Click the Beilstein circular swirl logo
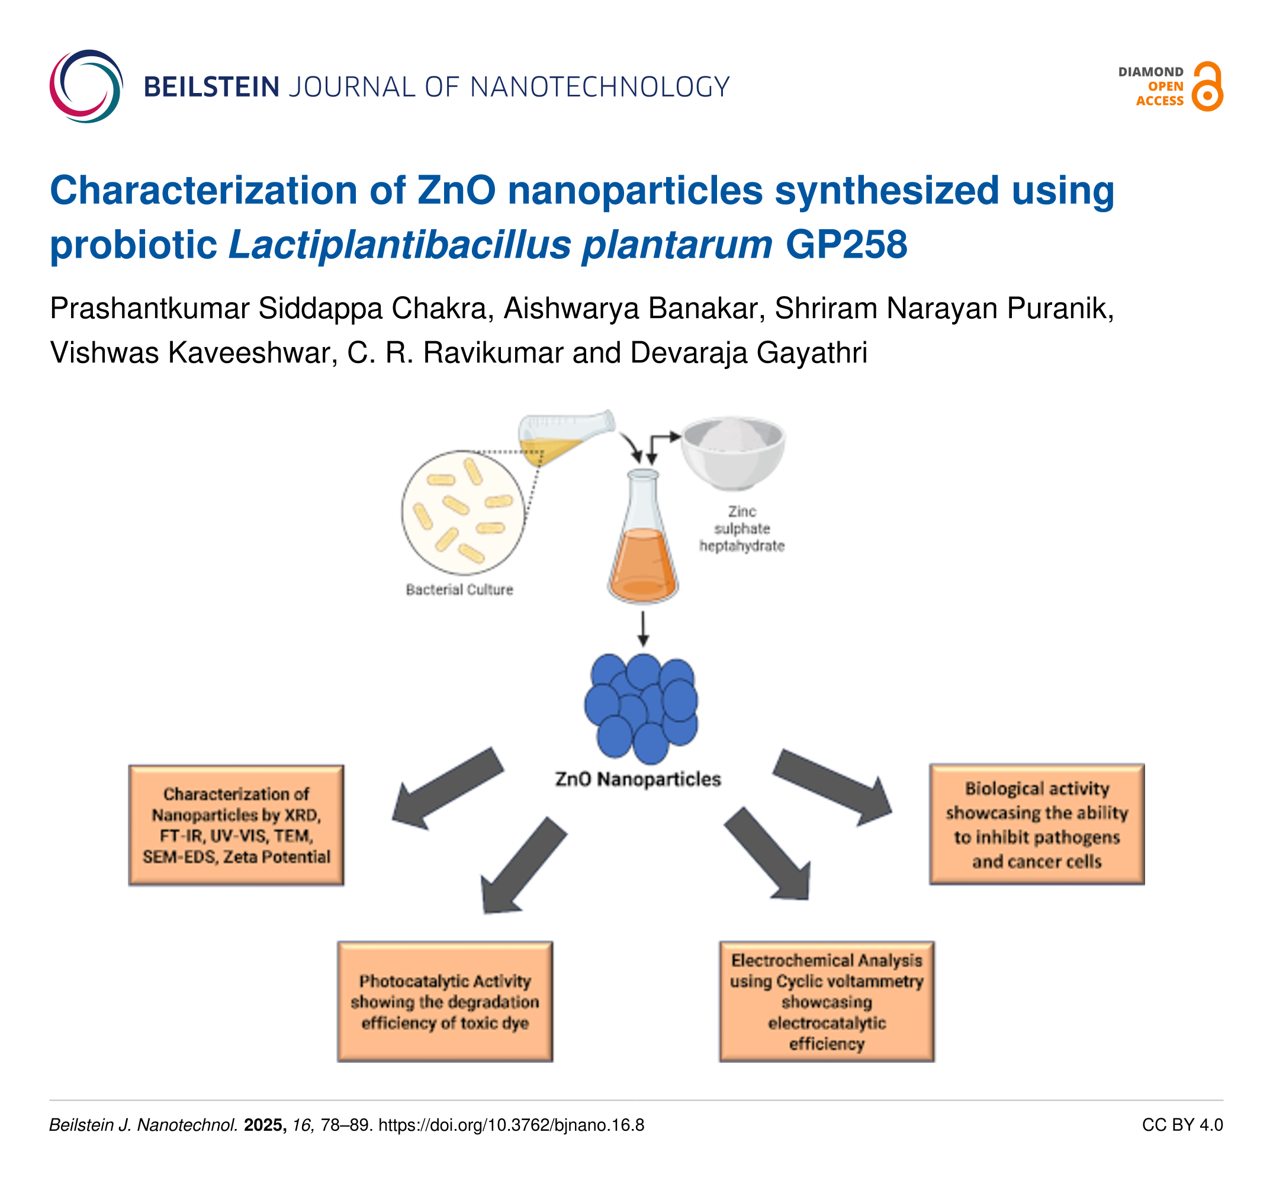pos(86,86)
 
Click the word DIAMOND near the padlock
pos(1150,72)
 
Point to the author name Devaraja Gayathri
pos(748,352)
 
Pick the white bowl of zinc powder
pos(732,451)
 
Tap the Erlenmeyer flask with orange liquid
pos(643,538)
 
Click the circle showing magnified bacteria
pos(463,512)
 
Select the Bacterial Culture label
pos(459,589)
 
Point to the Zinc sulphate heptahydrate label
pos(741,528)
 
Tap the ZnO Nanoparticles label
pos(638,779)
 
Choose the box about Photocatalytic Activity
pos(445,1002)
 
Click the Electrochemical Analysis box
pos(826,1002)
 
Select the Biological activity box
pos(1037,825)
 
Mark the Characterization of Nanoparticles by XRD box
pos(236,826)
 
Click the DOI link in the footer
pos(511,1125)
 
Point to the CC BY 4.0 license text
pos(1182,1125)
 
